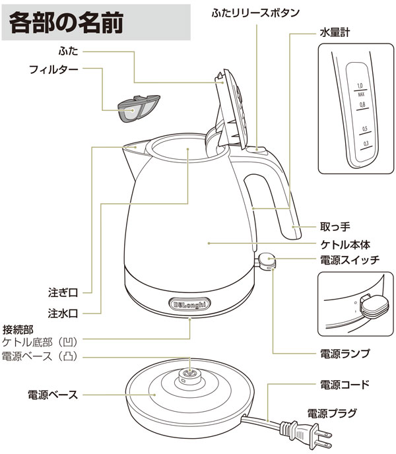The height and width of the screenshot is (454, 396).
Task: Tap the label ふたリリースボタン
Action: (x=257, y=13)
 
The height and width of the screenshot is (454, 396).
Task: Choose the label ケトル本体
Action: (x=345, y=244)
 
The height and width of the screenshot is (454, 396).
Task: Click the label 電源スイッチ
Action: (x=349, y=260)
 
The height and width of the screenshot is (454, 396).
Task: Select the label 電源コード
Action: (x=345, y=384)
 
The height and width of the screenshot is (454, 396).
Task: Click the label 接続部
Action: (x=18, y=328)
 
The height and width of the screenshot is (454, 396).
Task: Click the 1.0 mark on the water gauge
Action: (x=360, y=86)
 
